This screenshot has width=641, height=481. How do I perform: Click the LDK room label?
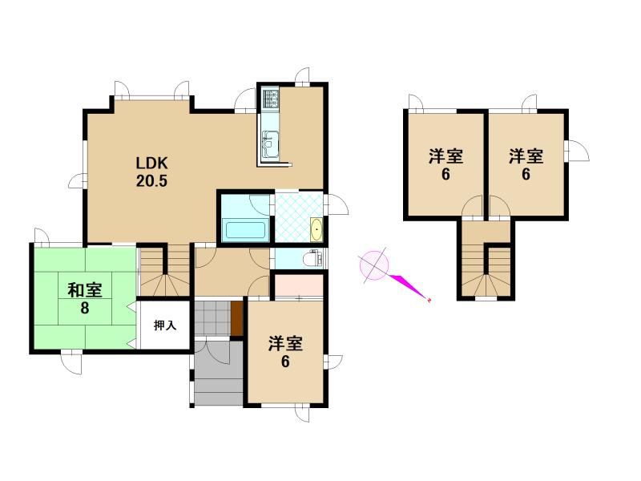point(151,164)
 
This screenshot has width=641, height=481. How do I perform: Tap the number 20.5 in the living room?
point(151,180)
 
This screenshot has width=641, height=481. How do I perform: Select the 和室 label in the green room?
point(85,290)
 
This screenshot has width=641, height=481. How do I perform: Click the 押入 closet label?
point(165,325)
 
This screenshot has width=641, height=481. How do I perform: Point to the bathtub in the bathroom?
point(245,229)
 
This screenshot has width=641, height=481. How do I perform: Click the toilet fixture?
point(315,258)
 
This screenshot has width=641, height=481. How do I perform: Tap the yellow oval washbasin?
point(316,230)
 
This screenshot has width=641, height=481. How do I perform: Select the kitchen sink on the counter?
point(270,143)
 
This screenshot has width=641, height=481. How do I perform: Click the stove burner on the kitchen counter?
point(270,98)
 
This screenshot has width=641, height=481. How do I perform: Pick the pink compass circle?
point(373,265)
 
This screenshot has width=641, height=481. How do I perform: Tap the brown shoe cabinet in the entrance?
point(236,318)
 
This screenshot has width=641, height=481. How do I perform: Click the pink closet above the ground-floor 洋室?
point(299,286)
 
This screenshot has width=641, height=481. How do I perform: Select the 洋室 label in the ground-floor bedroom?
point(285,344)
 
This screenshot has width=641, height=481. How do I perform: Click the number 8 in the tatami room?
point(85,308)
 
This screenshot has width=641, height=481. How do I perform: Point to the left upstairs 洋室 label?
point(445,156)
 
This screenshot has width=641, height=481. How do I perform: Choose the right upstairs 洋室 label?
point(526,156)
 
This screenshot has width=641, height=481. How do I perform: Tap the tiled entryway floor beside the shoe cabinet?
point(212,318)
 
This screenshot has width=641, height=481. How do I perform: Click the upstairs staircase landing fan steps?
point(486,285)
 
